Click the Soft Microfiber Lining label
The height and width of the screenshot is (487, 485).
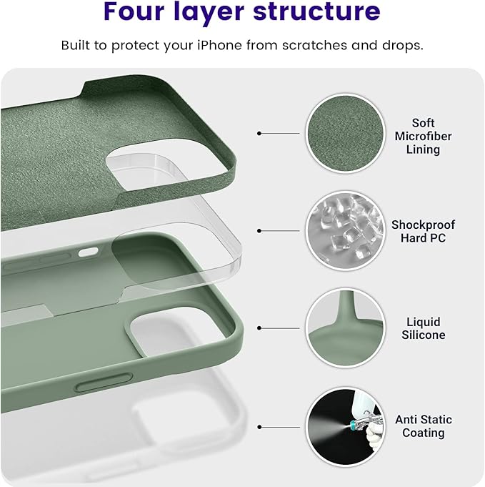point(423,137)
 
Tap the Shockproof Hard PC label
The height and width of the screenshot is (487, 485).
point(423,231)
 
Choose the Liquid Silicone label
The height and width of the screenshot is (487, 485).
point(423,328)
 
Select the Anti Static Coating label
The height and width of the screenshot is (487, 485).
point(423,426)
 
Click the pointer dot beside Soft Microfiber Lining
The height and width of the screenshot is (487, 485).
point(259,133)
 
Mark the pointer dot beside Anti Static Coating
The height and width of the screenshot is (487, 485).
point(259,427)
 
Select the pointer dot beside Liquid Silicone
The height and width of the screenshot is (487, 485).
point(259,328)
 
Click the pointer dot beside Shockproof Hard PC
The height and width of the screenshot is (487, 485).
point(259,230)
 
